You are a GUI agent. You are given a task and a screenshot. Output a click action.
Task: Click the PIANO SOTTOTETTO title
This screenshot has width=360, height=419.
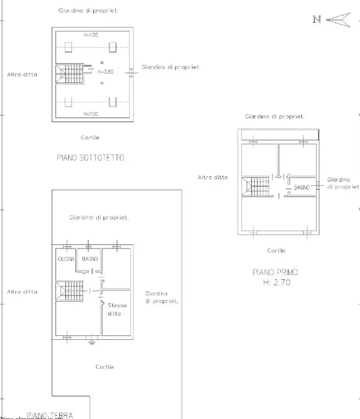tap(90, 158)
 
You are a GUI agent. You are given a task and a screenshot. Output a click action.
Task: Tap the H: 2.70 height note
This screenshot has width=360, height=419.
tap(276, 283)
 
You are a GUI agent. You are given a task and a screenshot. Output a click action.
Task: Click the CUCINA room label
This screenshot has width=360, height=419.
tap(65, 259)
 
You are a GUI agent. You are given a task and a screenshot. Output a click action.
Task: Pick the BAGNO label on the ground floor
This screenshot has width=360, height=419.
tap(90, 259)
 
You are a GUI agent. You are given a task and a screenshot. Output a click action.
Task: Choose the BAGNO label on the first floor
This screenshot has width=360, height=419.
tap(301, 187)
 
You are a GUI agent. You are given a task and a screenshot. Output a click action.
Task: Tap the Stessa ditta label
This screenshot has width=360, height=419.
tap(117, 309)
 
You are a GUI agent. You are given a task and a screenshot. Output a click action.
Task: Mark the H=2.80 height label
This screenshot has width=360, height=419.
tap(105, 72)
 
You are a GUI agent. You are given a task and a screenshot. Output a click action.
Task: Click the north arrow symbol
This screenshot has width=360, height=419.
tap(338, 20)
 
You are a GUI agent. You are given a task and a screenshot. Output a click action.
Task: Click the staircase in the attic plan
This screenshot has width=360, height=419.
tap(70, 74)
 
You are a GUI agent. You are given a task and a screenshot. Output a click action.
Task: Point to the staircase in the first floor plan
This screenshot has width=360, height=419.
tap(256, 187)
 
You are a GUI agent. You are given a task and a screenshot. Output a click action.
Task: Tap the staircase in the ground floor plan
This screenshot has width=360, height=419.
tap(70, 290)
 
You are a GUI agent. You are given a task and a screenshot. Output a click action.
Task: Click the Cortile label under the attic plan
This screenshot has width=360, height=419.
tap(90, 137)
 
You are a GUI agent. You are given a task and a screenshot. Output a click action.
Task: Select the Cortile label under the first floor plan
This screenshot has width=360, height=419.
tap(276, 250)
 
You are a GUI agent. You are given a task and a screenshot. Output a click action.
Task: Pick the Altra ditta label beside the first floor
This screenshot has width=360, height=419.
tap(213, 177)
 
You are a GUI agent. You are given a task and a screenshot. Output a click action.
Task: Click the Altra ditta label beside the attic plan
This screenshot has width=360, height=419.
tap(22, 74)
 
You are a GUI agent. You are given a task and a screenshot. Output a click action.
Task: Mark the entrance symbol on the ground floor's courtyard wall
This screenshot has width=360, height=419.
tap(91, 342)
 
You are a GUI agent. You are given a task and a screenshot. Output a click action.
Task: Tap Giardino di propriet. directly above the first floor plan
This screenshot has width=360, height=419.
tap(275, 116)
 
